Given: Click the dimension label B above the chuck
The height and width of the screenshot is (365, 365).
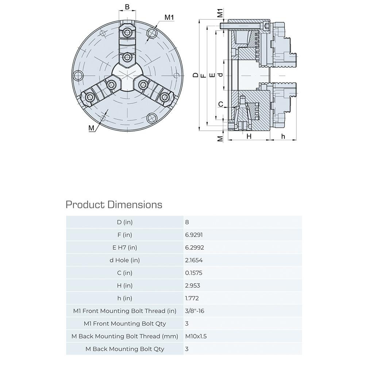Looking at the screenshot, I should coord(127,7).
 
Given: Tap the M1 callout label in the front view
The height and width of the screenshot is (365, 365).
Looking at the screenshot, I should coord(169,17).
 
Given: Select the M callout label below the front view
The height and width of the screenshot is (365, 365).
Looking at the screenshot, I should coord(91,128).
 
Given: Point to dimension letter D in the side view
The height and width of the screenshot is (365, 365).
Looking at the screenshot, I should coord(196,75).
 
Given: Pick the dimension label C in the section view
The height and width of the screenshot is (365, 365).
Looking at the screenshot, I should coord(220,104).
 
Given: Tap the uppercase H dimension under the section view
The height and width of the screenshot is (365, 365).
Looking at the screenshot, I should coord(249,136).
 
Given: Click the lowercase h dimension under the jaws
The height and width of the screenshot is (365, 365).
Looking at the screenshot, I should coord(283,136).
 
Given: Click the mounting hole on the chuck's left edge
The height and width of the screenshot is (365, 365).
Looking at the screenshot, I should coord(77,76).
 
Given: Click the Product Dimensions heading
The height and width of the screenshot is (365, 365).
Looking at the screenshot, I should coord(114,204).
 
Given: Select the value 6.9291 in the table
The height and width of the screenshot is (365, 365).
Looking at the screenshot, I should coord(194,235).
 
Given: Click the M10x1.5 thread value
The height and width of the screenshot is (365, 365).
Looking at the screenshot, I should coord(196,336).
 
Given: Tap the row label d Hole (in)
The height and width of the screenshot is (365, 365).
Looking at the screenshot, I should coord(125,260).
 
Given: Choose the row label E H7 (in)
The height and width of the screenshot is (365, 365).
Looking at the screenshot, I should coord(125,247).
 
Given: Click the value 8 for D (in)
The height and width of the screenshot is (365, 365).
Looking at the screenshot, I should coord(187,222).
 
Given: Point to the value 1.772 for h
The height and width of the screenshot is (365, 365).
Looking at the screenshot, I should coord(192,298).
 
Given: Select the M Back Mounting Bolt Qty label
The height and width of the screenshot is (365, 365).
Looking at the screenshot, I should coord(125,349).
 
